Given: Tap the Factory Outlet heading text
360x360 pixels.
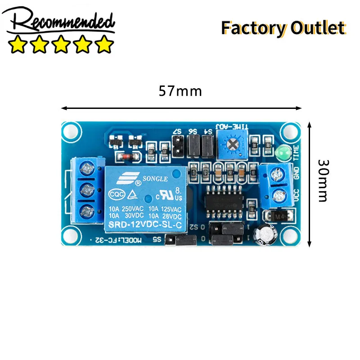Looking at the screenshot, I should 283,28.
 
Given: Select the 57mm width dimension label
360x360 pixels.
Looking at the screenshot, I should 180,91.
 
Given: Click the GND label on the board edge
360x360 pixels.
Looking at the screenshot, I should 297,174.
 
